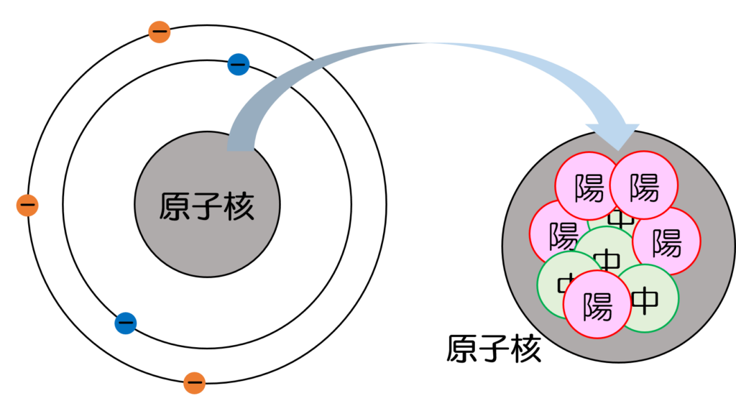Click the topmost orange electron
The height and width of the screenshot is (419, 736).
tap(160, 32)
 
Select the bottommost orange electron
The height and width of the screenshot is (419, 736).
tap(194, 383)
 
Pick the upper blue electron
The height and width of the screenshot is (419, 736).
tap(238, 65)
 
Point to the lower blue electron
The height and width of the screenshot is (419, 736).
tap(126, 323)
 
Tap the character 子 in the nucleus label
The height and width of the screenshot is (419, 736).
tap(207, 207)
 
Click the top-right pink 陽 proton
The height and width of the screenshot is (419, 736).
tap(644, 185)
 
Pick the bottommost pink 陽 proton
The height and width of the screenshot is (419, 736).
tap(597, 305)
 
